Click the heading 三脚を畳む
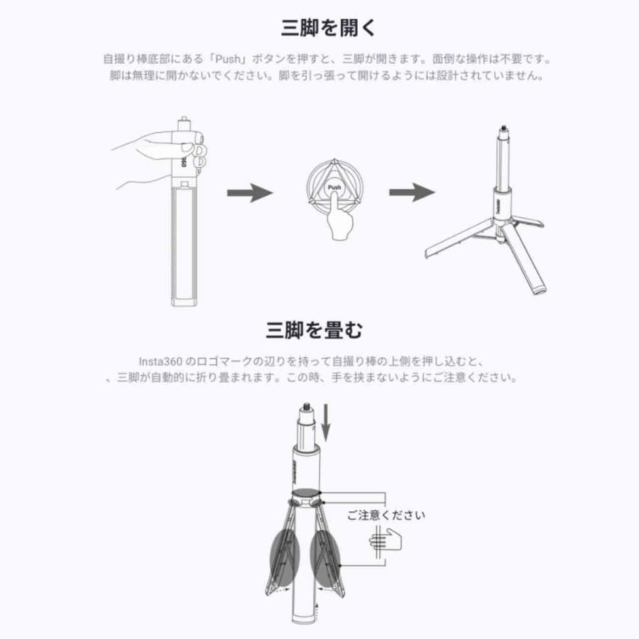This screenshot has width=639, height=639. tap(315, 329)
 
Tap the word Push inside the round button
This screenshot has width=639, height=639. tap(334, 187)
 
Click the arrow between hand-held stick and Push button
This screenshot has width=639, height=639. tap(249, 192)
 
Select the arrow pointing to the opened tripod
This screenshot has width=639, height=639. tap(412, 192)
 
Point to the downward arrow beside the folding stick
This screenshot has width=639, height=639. tap(326, 420)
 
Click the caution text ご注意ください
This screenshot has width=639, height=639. tap(386, 515)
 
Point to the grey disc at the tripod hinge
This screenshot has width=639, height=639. tap(306, 496)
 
